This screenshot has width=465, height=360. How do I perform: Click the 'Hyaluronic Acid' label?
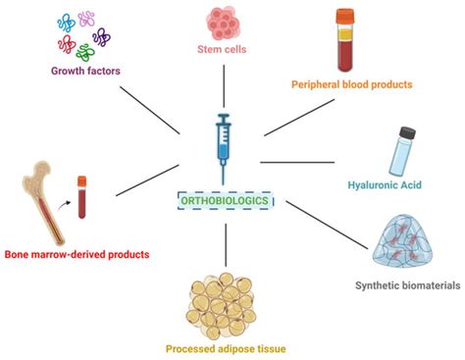click(389, 183)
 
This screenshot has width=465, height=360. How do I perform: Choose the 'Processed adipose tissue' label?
click(226, 345)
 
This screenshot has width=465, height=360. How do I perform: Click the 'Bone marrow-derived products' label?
click(76, 255)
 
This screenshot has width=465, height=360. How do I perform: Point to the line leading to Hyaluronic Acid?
click(299, 161)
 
